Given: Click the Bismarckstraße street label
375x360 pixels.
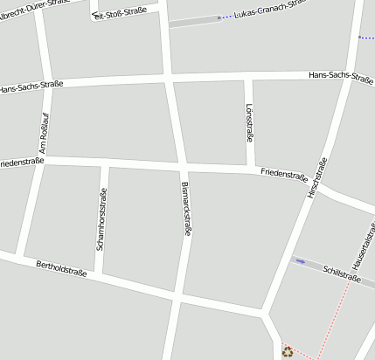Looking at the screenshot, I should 185,209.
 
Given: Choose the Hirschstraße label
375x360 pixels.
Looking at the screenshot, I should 316,176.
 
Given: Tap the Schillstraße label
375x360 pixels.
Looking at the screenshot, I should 341,273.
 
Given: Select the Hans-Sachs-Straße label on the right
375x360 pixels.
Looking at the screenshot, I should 342,75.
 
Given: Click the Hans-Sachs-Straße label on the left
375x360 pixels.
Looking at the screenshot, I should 31,88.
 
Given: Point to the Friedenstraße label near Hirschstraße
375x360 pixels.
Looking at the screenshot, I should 284,174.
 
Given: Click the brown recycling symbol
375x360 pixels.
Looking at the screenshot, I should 288,351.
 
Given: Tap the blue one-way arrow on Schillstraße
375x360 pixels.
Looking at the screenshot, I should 301,260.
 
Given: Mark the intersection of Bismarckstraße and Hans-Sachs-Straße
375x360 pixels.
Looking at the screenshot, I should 170,80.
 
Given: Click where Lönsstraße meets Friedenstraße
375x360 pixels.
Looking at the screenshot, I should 250,166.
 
